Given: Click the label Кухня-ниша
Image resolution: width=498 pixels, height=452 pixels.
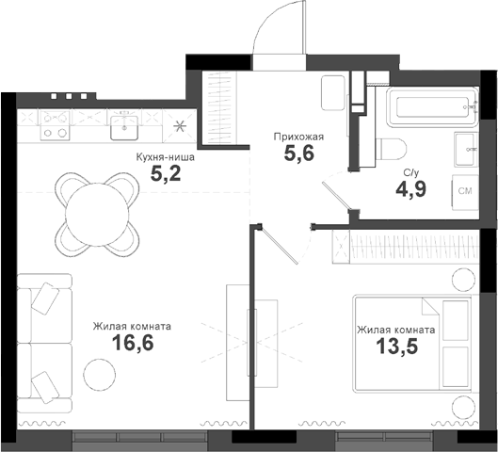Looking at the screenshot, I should pos(166,156).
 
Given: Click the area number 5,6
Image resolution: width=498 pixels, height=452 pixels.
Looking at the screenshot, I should pos(299,153).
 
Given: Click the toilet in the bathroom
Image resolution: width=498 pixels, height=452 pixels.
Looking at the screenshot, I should pos(390,148).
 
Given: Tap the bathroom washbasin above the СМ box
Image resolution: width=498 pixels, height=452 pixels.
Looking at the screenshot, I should pos(464,146).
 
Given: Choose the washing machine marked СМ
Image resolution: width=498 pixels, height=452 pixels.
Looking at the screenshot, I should pos(464,190).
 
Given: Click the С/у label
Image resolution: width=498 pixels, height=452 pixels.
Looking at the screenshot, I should pos(410,172).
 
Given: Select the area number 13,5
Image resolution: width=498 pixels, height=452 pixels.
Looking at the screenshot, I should pos(394,348).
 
